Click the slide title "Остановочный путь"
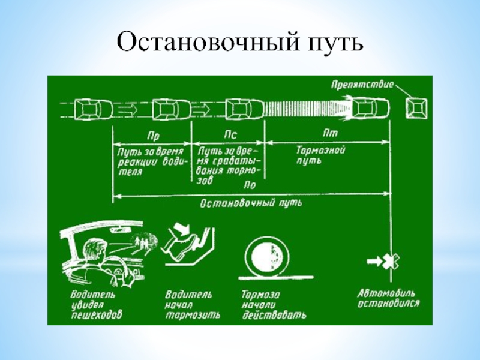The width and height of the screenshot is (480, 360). (x=240, y=43)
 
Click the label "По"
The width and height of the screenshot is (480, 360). (x=250, y=186)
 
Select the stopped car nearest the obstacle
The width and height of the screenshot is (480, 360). (x=370, y=109)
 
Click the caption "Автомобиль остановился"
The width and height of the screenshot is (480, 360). (x=388, y=298)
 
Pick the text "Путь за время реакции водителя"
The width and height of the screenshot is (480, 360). (x=150, y=158)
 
